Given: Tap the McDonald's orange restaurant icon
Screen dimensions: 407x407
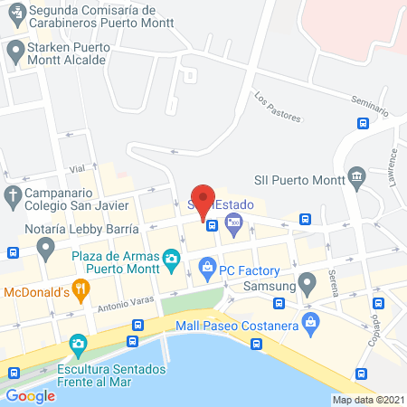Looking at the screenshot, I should pos(80,291).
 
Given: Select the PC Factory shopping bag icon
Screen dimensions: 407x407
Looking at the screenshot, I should pos(207,268).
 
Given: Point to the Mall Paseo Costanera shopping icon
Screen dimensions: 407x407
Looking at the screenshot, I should pos(312,322).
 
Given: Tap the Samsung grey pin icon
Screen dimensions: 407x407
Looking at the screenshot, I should pos(308,284).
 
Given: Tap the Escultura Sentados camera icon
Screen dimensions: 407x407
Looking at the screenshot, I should pos(77,345).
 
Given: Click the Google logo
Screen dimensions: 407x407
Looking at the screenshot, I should pos(31,395).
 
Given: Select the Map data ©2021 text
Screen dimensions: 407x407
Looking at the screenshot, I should pos(367,399).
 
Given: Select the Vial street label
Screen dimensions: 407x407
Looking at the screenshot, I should pos(76,169).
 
